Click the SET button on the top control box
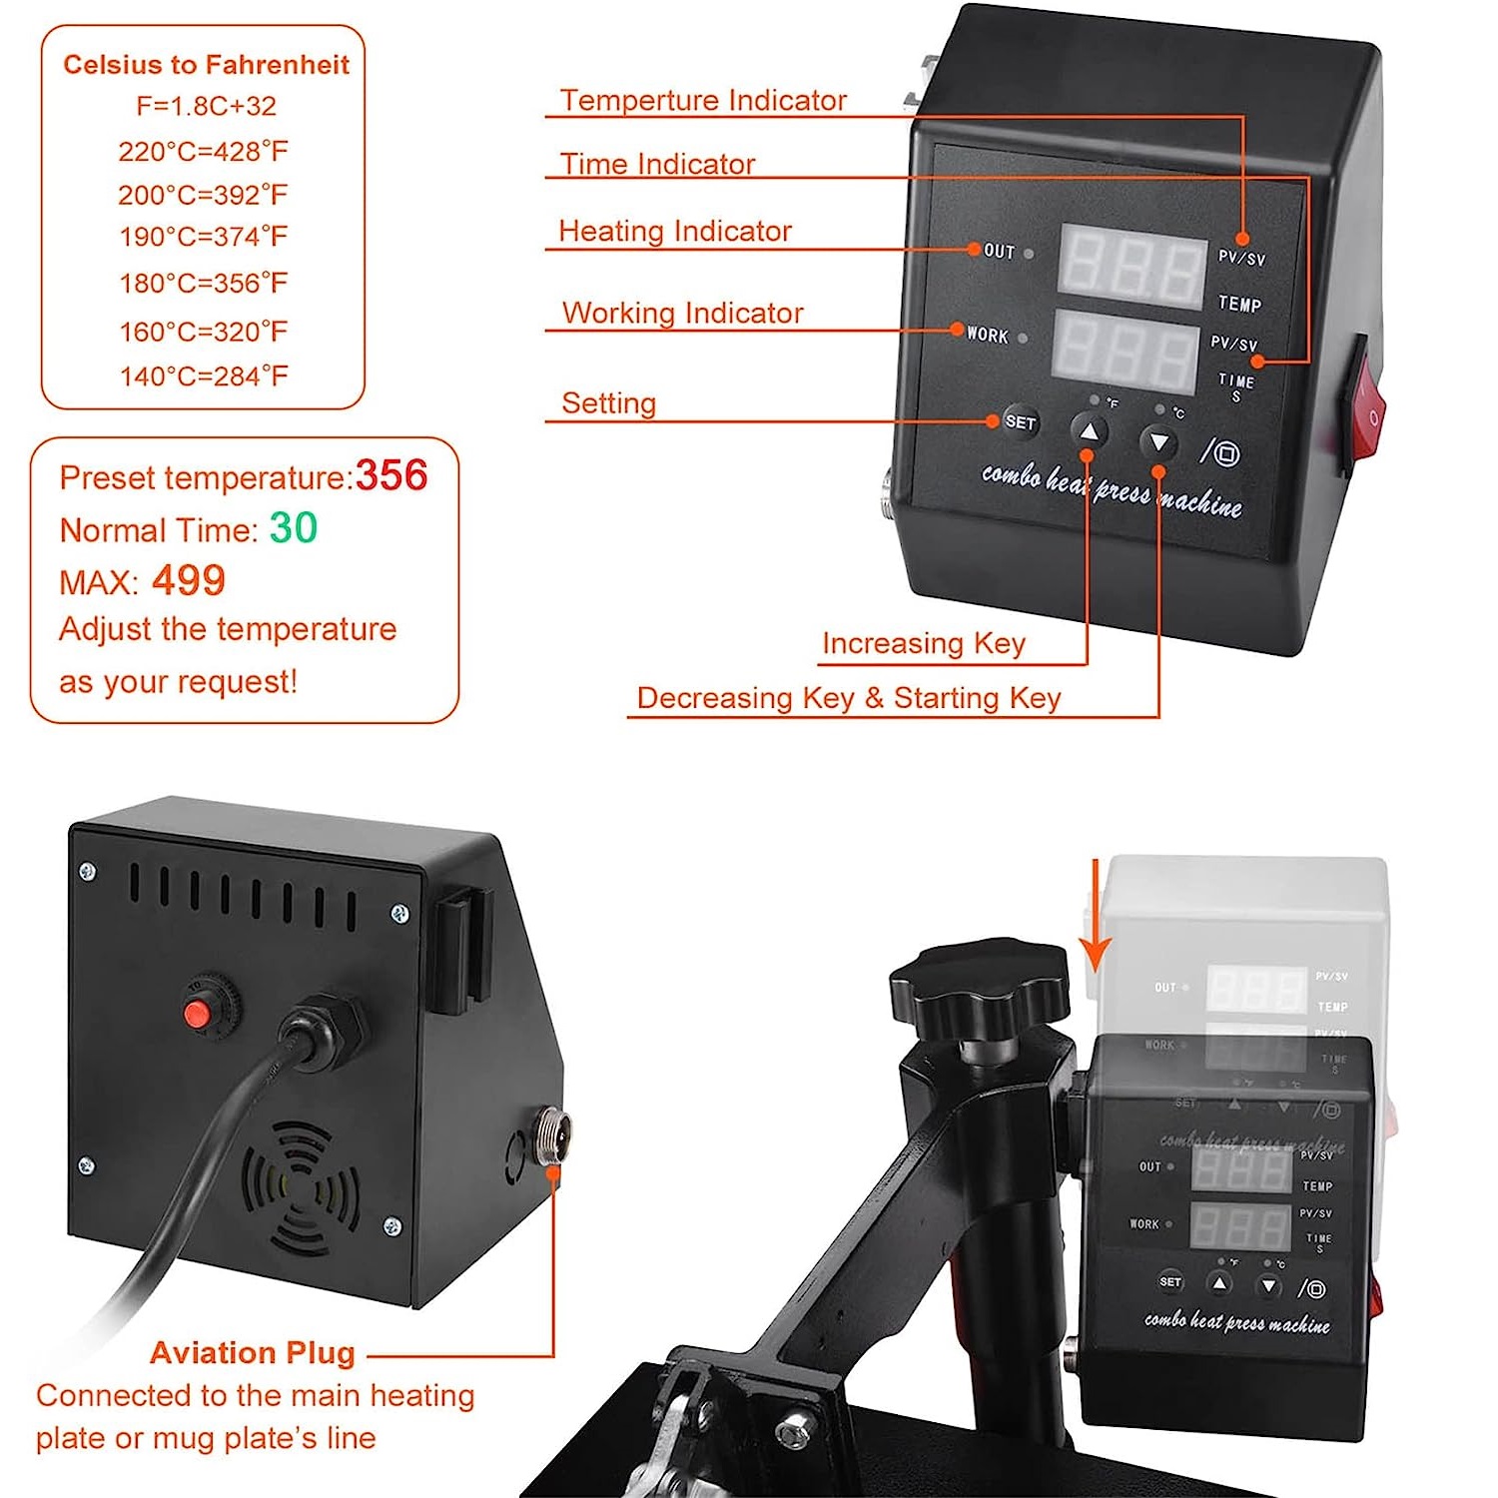click(1020, 422)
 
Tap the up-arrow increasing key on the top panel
click(1090, 432)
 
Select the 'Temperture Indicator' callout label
click(702, 101)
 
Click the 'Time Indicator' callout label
click(657, 164)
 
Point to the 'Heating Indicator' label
click(674, 231)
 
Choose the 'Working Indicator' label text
click(682, 313)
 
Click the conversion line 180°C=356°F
click(204, 284)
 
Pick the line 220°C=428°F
click(204, 152)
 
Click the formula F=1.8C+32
click(206, 106)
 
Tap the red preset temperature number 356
click(391, 475)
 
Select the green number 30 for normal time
click(294, 528)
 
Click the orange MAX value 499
click(189, 580)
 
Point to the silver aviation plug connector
click(552, 1135)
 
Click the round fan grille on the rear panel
click(301, 1187)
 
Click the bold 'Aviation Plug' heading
click(253, 1352)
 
